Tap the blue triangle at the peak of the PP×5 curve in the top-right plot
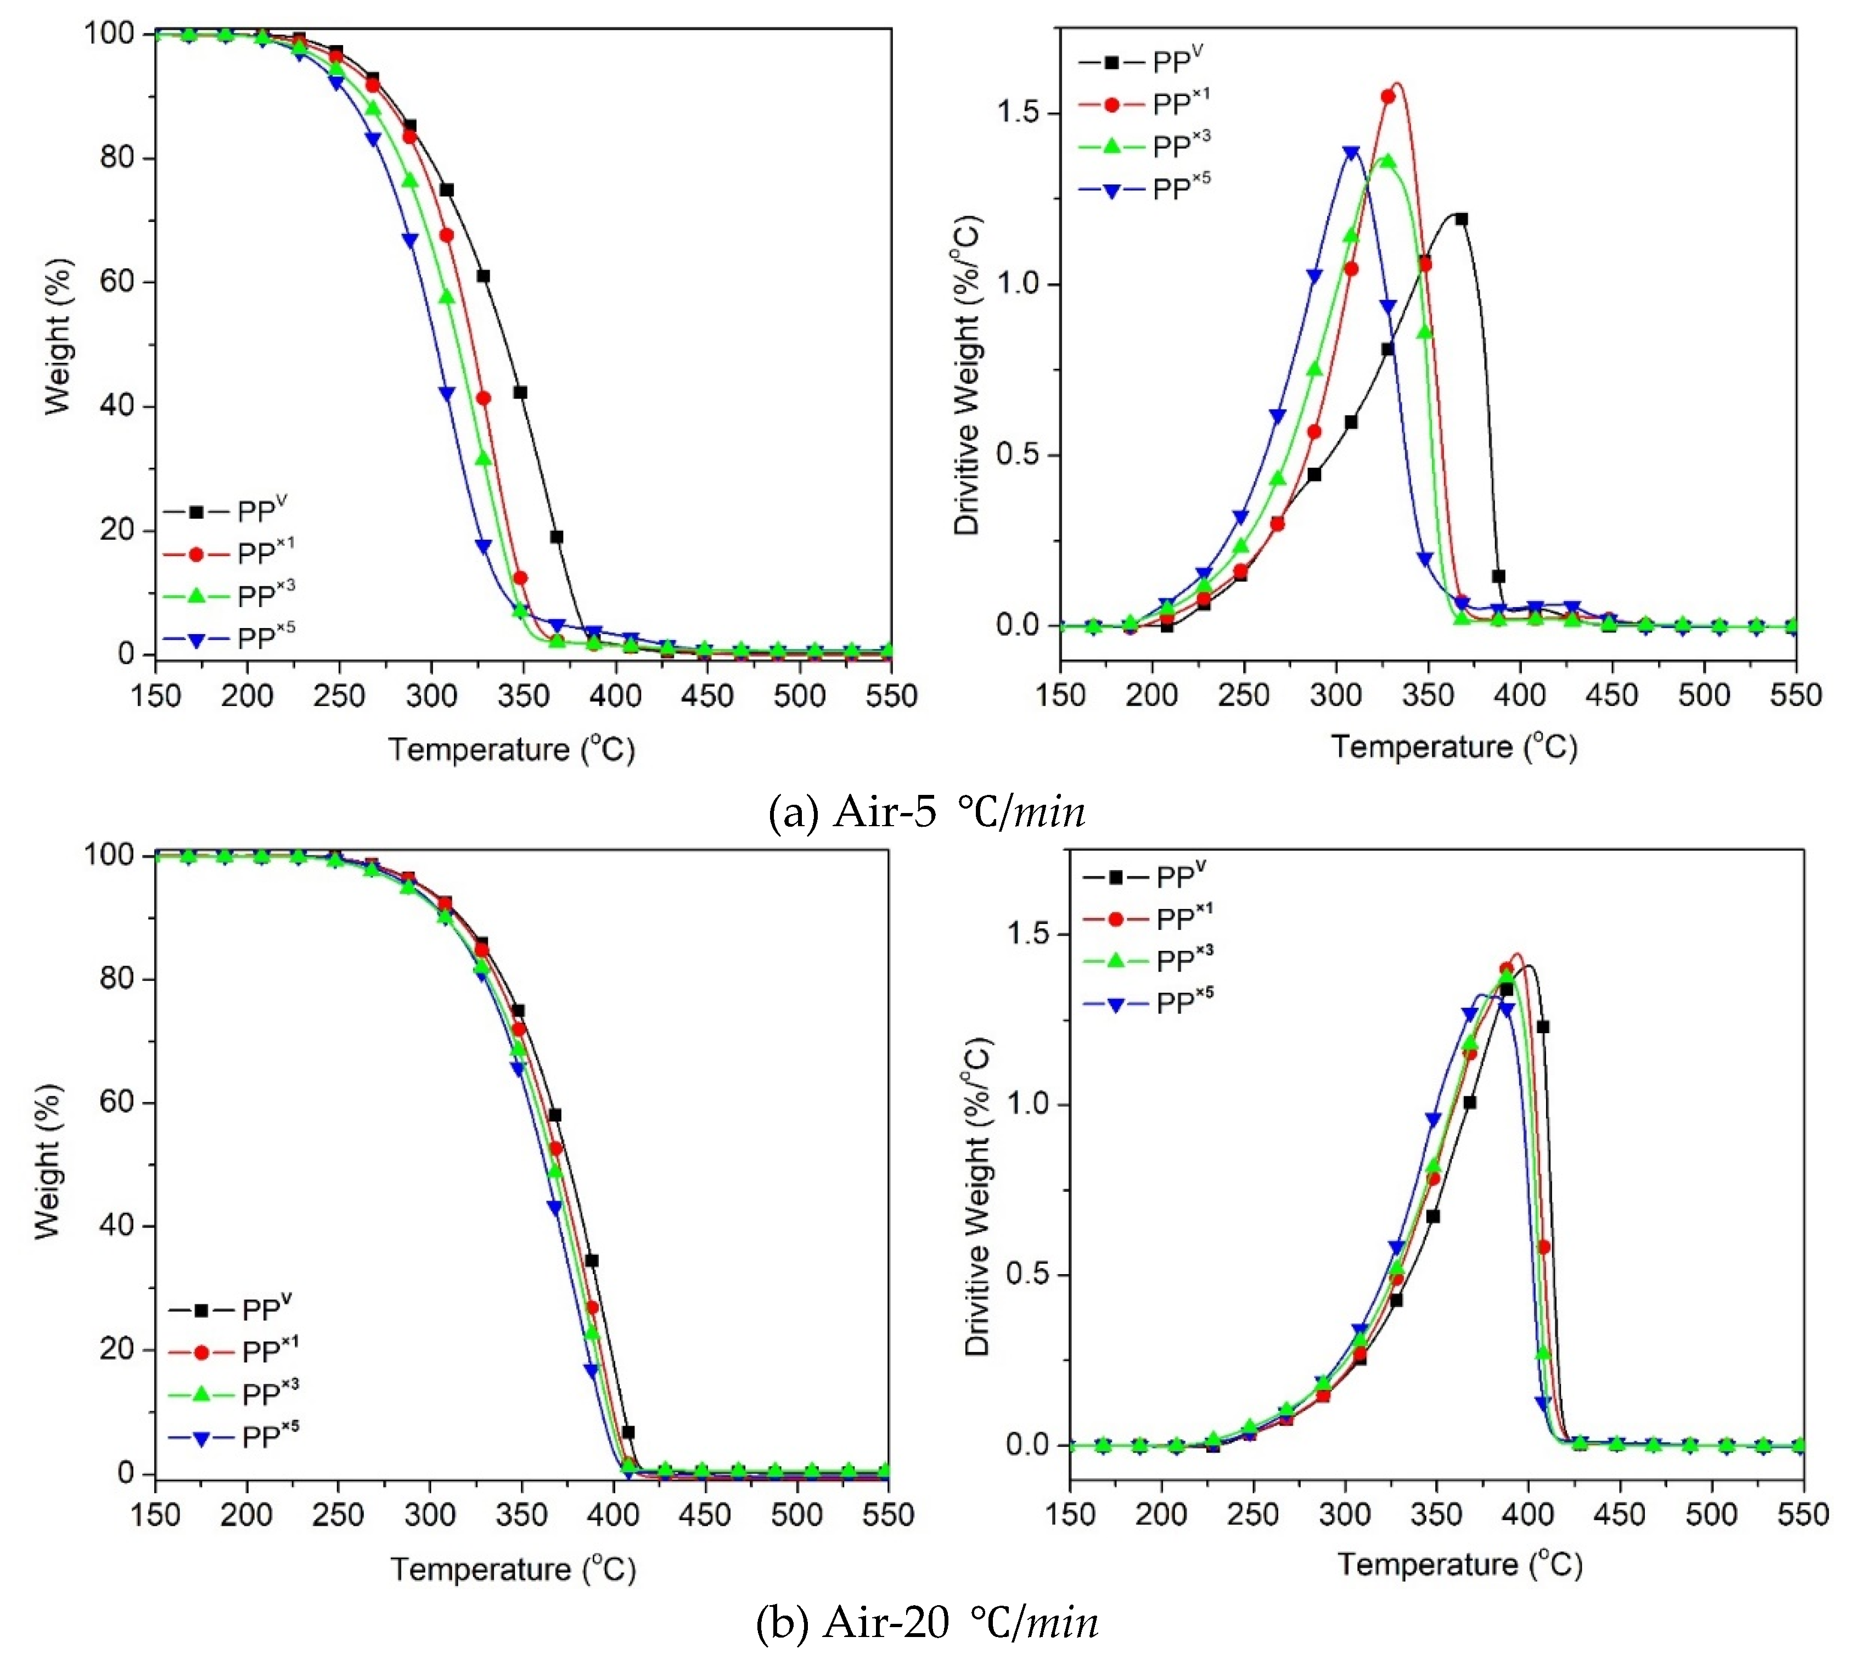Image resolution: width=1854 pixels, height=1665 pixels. (x=1351, y=153)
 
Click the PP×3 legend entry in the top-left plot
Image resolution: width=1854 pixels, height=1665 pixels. (x=229, y=596)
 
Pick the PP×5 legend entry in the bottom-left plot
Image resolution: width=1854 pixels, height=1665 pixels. (x=233, y=1437)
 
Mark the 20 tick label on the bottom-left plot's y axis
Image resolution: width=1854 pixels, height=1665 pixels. (x=116, y=1349)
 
